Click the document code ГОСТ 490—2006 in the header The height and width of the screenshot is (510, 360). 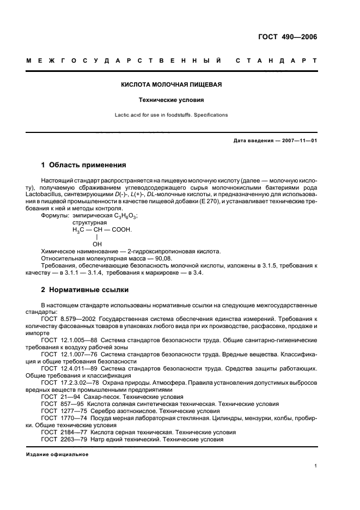(287, 38)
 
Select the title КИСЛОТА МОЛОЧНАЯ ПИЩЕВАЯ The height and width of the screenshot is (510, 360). (171, 85)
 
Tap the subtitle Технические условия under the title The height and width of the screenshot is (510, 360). (171, 100)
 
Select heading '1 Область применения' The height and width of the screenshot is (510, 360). (84, 165)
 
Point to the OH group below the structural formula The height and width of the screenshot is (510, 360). (97, 244)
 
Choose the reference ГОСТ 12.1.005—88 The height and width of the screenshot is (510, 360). (70, 339)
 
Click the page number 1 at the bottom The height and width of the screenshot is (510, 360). (315, 465)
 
